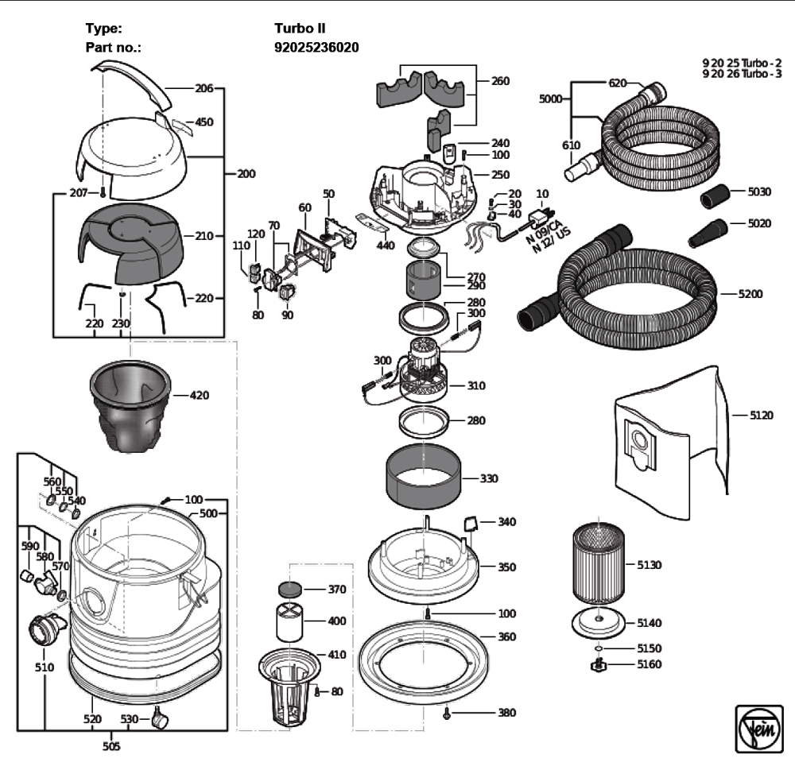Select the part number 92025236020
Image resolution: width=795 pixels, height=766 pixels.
[316, 48]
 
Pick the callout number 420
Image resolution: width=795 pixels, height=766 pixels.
[199, 395]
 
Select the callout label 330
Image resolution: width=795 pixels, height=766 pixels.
[490, 479]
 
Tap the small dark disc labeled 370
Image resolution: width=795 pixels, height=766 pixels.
[289, 590]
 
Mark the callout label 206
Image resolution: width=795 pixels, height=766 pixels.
[204, 89]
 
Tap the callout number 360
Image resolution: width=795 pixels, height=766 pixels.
[506, 636]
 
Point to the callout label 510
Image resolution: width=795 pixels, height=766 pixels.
[44, 667]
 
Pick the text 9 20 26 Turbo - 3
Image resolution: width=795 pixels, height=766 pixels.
[743, 73]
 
